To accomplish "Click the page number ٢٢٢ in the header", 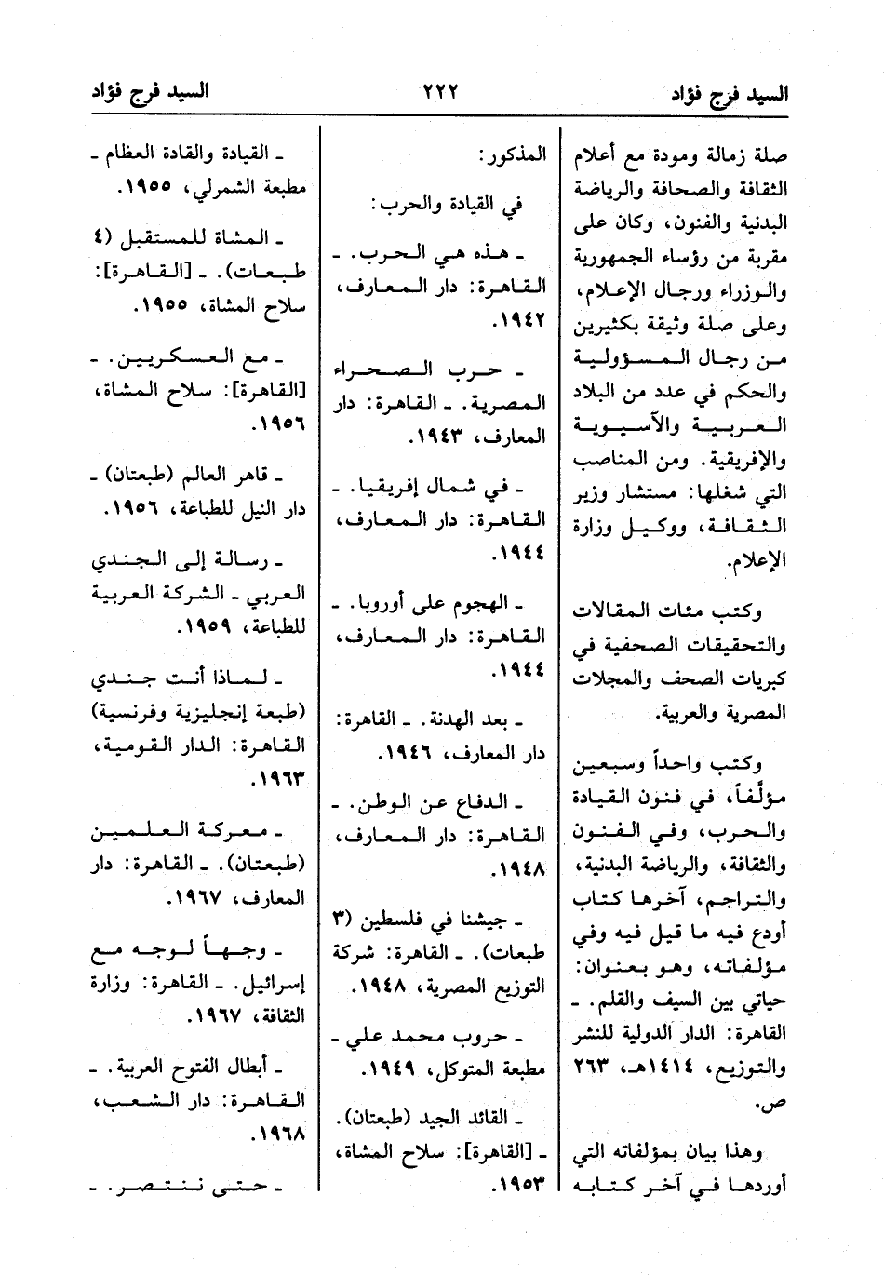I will [441, 92].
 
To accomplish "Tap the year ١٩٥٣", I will [520, 1187].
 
